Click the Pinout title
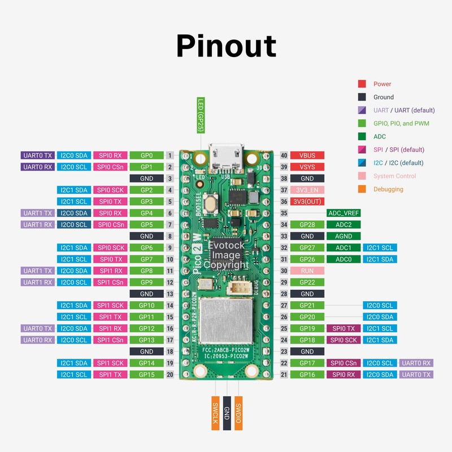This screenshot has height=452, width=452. pyautogui.click(x=226, y=45)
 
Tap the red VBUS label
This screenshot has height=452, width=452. pyautogui.click(x=307, y=155)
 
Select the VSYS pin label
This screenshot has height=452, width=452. pyautogui.click(x=307, y=167)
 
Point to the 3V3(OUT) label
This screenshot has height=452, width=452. pyautogui.click(x=307, y=202)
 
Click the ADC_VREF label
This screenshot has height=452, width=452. pyautogui.click(x=344, y=213)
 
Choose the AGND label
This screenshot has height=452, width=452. pyautogui.click(x=344, y=236)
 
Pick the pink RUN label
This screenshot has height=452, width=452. pyautogui.click(x=307, y=271)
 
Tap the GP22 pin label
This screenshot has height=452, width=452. pyautogui.click(x=307, y=282)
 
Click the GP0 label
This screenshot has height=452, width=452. pyautogui.click(x=146, y=155)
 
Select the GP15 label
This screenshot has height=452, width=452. pyautogui.click(x=146, y=375)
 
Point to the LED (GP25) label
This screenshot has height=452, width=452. pyautogui.click(x=200, y=115)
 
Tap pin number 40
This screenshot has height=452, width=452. pyautogui.click(x=284, y=155)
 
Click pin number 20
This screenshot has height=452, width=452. pyautogui.click(x=169, y=375)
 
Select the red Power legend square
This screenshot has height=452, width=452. pyautogui.click(x=362, y=84)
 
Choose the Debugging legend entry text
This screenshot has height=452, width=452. pyautogui.click(x=388, y=189)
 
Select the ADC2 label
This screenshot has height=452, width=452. pyautogui.click(x=344, y=225)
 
